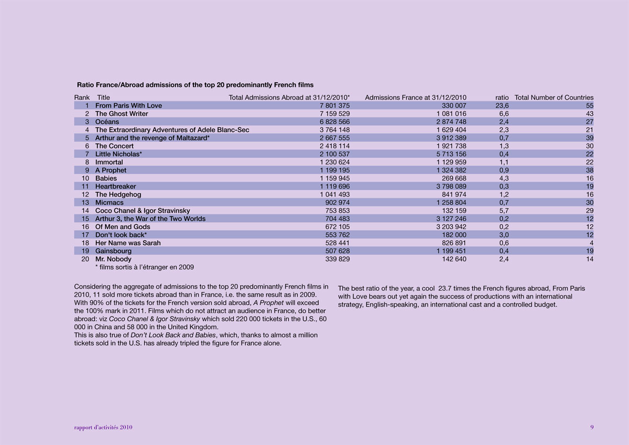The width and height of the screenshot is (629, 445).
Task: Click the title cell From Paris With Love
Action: tap(128, 105)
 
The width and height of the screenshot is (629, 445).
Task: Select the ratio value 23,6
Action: tap(502, 105)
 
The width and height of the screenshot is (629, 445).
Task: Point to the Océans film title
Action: tap(107, 122)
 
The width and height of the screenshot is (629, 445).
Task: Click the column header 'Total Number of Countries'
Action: tap(554, 97)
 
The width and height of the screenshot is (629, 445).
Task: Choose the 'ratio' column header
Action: tap(502, 97)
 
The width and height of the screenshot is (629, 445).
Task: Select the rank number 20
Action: tap(85, 259)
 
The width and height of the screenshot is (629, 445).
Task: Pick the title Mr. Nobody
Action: tap(113, 259)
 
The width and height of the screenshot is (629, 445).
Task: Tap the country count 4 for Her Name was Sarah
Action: tap(591, 243)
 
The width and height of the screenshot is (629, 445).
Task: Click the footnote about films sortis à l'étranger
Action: tap(145, 267)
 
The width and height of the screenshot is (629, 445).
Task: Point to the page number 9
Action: tap(592, 427)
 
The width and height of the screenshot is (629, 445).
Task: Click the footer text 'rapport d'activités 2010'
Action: tap(103, 427)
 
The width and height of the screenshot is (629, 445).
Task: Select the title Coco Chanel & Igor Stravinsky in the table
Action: tap(143, 211)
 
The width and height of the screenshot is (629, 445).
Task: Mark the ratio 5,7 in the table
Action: tap(503, 211)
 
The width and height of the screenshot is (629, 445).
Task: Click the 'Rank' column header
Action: tap(82, 97)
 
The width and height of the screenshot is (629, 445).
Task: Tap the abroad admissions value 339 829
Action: tap(338, 259)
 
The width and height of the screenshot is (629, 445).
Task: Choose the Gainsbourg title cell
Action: tap(113, 251)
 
